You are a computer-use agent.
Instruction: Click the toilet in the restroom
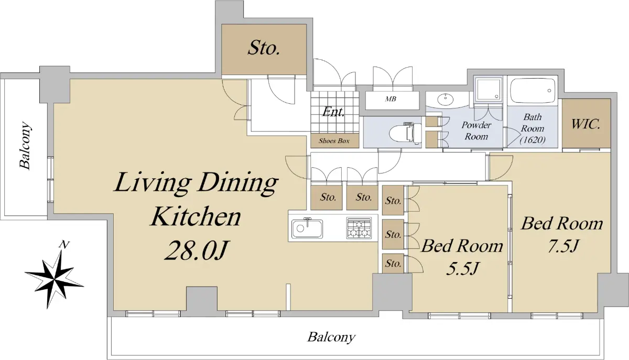405,134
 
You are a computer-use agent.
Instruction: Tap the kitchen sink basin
307,228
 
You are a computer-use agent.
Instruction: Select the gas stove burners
359,228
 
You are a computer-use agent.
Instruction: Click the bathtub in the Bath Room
533,91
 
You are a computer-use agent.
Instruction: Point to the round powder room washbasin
445,100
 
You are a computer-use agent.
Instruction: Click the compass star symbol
55,279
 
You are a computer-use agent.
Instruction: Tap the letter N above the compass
64,245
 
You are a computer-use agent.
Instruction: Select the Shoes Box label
334,140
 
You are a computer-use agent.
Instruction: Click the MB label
391,99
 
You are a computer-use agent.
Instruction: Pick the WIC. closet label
586,124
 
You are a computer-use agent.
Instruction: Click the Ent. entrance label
333,112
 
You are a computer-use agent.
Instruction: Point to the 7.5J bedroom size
562,246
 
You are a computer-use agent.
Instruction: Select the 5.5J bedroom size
462,268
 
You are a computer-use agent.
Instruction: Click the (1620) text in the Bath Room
533,139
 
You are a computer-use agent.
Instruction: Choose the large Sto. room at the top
264,49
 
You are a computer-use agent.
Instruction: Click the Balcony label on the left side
25,145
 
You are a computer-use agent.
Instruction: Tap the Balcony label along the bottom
331,337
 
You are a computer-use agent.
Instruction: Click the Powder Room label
476,130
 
